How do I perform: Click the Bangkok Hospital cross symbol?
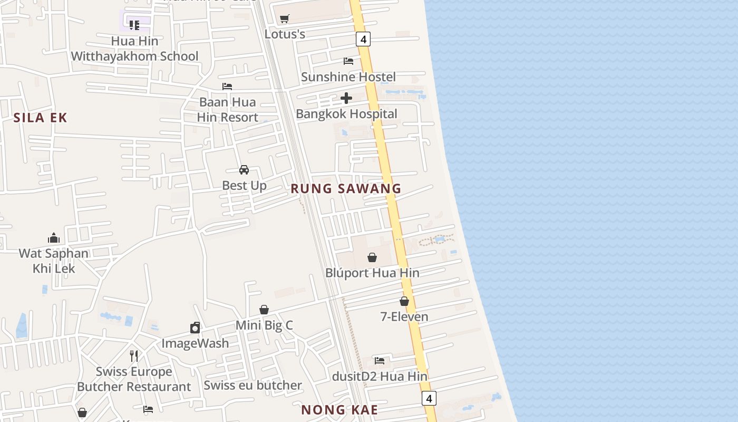(x=346, y=98)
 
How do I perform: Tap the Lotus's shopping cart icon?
(x=285, y=19)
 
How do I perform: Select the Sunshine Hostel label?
(x=348, y=77)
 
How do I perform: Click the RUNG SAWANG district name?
(x=346, y=188)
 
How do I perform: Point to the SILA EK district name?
(x=41, y=118)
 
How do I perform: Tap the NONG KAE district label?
(x=339, y=410)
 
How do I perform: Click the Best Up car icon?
(x=244, y=170)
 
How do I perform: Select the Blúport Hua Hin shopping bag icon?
(x=372, y=257)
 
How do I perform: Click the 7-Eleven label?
(x=404, y=316)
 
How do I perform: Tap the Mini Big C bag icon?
(x=264, y=310)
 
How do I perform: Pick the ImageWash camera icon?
(x=195, y=328)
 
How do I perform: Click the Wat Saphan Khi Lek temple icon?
(x=54, y=238)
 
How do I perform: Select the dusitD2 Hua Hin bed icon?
(x=380, y=361)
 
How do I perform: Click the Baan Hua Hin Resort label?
(x=228, y=110)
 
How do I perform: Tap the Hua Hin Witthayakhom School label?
(x=135, y=49)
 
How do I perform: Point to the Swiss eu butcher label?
(x=253, y=385)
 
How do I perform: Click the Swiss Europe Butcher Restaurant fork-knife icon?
(x=134, y=356)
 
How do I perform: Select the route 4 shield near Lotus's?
(x=363, y=39)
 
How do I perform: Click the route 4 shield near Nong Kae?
(x=429, y=398)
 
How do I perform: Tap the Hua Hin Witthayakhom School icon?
(x=134, y=25)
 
